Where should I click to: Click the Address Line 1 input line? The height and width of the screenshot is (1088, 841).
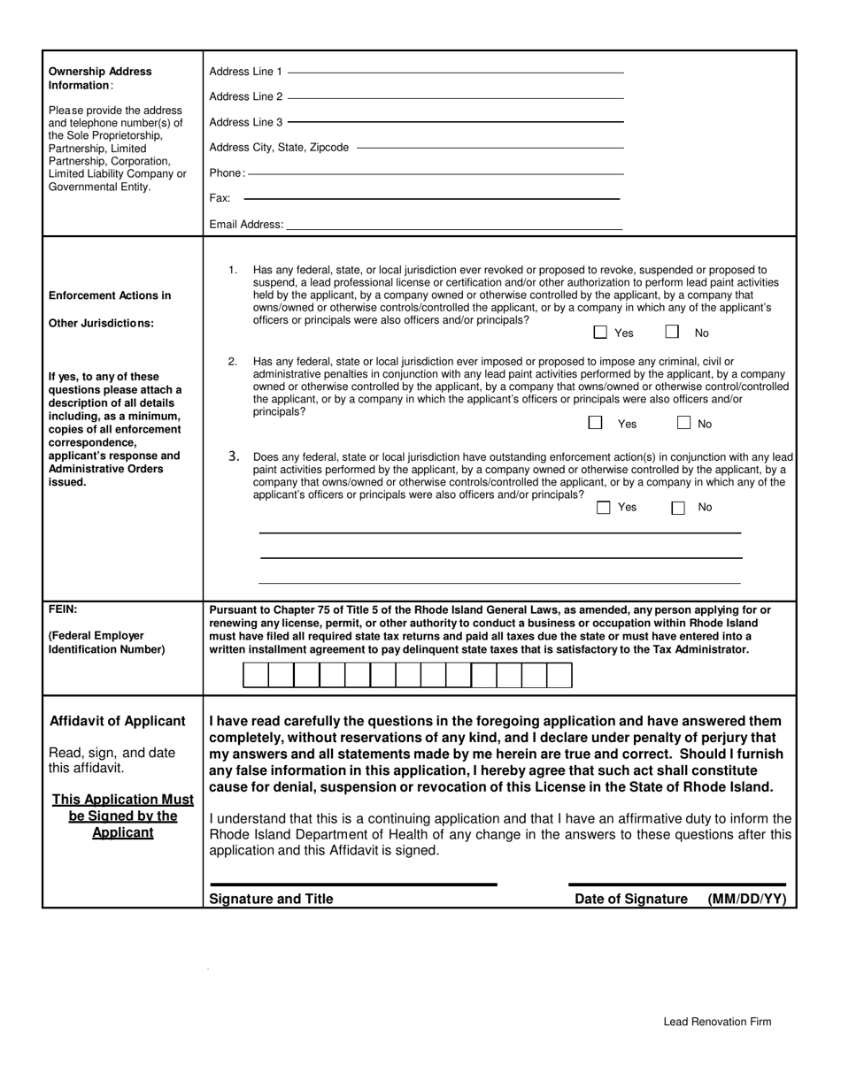pos(455,72)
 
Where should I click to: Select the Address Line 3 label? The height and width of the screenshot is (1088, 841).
pos(246,122)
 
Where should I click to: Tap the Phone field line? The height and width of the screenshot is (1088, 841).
pos(435,173)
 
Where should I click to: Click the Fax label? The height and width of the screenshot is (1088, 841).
pos(220,199)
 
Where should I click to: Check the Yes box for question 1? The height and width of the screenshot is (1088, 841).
pos(600,333)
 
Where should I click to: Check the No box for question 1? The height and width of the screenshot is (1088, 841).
pos(673,333)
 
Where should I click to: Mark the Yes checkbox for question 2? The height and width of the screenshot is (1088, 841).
pos(596,423)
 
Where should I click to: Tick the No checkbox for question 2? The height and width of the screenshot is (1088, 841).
pos(683,423)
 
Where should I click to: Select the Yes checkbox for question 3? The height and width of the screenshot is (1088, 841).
pos(604,508)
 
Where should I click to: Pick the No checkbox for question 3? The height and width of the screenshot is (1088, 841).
pos(678,508)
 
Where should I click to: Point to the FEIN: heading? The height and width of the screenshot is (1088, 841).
pos(63,609)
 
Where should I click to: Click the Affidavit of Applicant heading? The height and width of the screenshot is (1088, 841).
pos(118,721)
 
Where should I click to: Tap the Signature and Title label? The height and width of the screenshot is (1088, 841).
pos(271,899)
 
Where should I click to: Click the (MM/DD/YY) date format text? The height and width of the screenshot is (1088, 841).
pos(746,899)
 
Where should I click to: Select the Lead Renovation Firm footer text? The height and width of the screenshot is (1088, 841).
pos(717,1022)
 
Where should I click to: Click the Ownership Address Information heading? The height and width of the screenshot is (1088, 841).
pos(100,78)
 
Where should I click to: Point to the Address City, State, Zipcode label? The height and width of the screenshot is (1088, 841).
pos(279,148)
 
